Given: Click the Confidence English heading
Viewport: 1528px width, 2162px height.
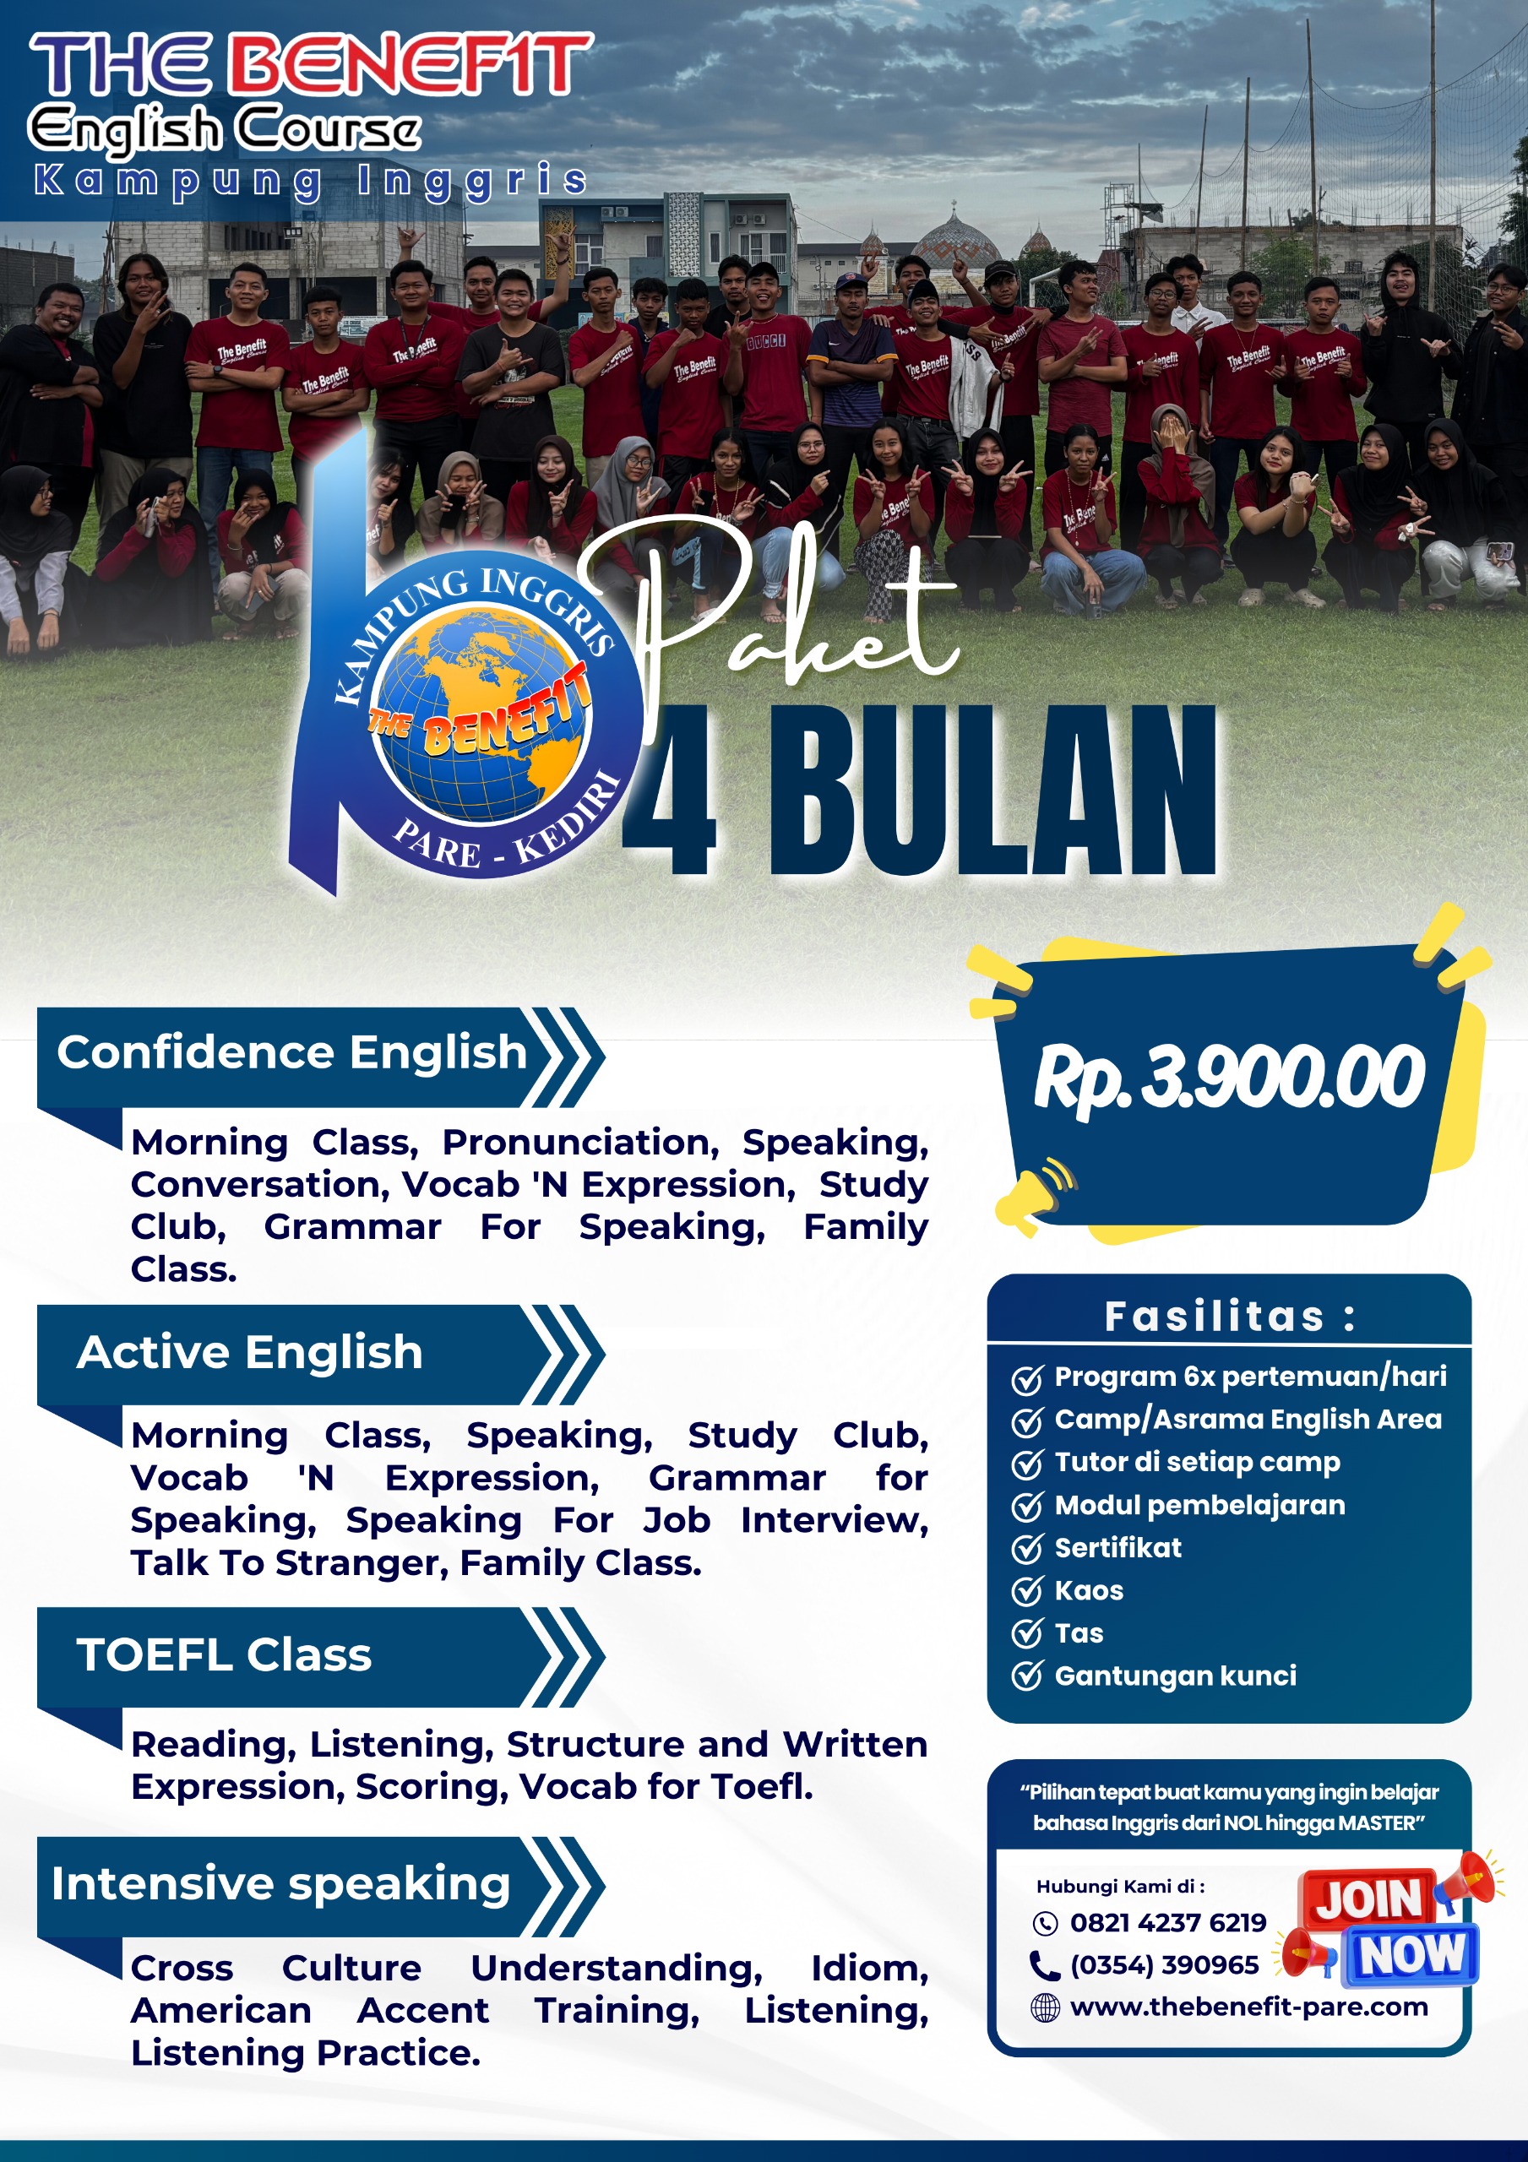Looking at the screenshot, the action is click(x=291, y=1051).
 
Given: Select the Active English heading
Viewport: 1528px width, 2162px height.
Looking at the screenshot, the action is click(x=250, y=1352).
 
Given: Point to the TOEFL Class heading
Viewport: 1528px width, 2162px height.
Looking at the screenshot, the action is click(x=224, y=1654).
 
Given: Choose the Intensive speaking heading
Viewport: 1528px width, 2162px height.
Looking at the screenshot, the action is click(x=280, y=1884).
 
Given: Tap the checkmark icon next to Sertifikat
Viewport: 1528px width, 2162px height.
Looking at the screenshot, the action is click(x=1027, y=1548).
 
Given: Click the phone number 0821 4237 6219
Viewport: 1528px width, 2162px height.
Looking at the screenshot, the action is click(x=1168, y=1922).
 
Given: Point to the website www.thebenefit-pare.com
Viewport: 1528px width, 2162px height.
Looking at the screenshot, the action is click(x=1249, y=2007).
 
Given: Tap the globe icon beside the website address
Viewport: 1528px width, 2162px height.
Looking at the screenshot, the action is click(x=1045, y=2007).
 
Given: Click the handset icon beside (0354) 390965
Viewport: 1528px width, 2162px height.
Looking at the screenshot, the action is click(x=1045, y=1965).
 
